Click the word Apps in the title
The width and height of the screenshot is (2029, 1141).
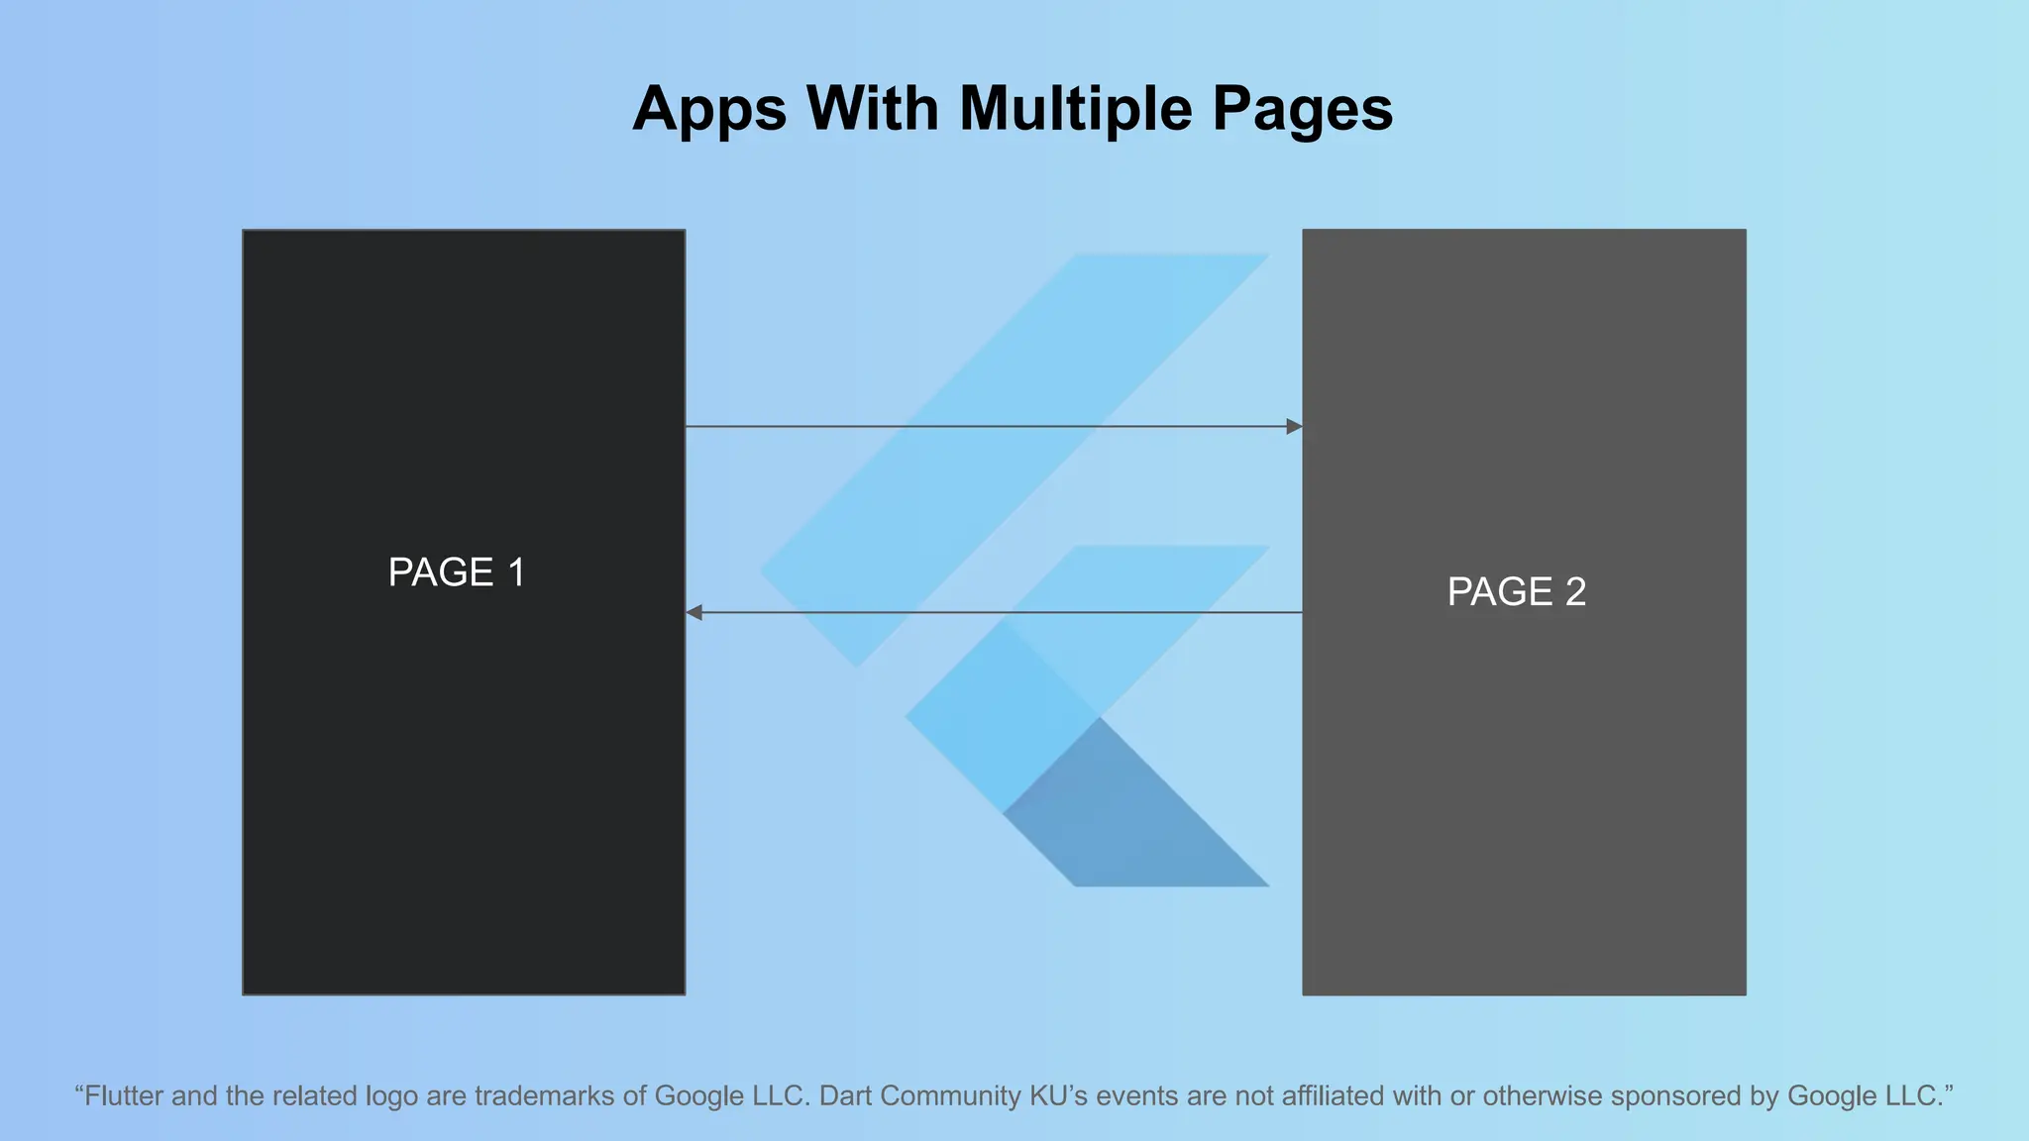click(x=709, y=109)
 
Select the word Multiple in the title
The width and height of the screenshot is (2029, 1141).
click(x=1075, y=109)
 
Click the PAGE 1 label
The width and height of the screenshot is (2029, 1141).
click(x=457, y=572)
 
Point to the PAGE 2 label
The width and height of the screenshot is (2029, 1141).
click(x=1517, y=592)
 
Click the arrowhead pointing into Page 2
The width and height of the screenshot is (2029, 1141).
click(x=1294, y=427)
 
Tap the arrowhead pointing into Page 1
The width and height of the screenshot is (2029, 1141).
click(x=694, y=613)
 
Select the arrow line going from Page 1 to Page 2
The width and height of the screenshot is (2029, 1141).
click(x=991, y=427)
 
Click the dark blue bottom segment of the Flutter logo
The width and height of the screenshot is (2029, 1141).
click(x=1139, y=822)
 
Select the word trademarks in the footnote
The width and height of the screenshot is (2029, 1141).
click(x=544, y=1096)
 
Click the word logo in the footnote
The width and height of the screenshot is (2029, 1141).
click(x=391, y=1097)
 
